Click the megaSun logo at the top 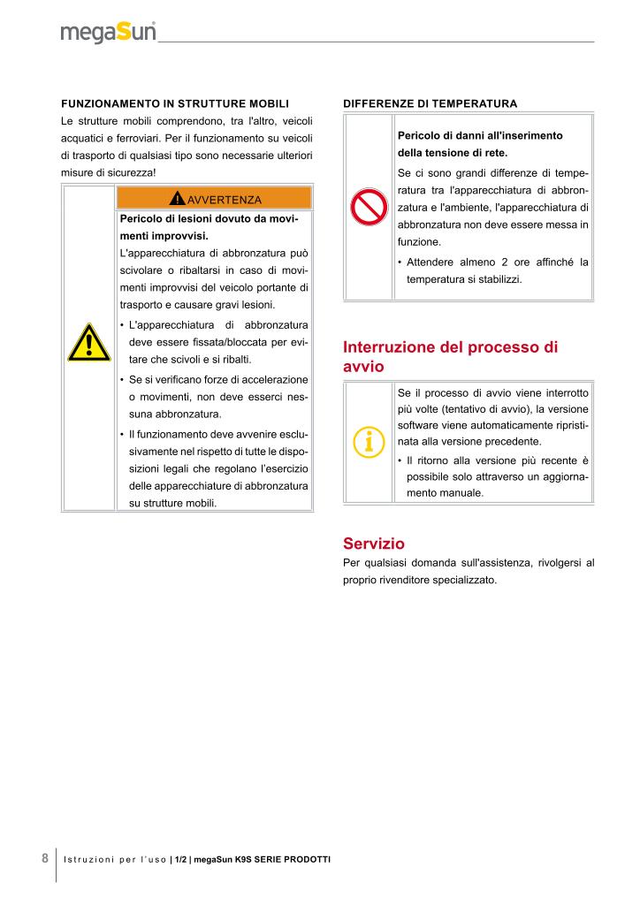coord(109,33)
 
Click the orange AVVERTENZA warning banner coord(214,198)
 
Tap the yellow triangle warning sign coord(88,344)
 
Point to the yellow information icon coord(368,440)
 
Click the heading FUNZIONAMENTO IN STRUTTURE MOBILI coord(175,103)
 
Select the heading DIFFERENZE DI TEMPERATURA coord(430,103)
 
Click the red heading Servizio coord(373,544)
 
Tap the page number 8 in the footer coord(44,857)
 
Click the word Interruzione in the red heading coord(387,347)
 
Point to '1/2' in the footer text coord(180,859)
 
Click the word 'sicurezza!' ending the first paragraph coord(131,171)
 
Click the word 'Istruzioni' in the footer coord(88,859)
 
